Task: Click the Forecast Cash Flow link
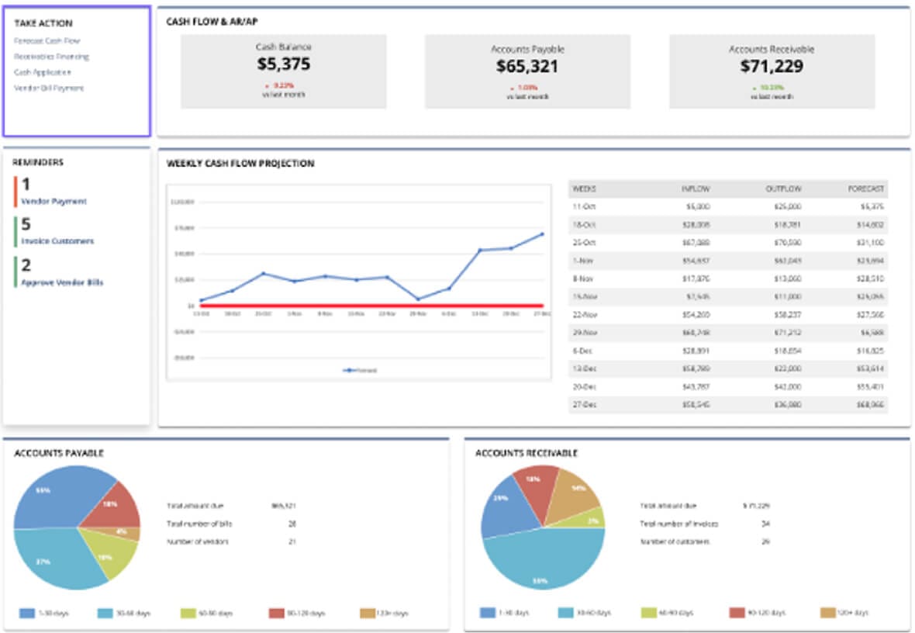[47, 40]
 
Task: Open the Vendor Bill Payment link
[49, 88]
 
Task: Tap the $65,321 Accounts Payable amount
[527, 67]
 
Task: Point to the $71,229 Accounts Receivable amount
[772, 67]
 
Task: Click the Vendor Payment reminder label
[54, 201]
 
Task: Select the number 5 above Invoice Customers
[26, 224]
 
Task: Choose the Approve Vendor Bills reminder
[62, 282]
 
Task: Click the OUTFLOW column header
[783, 189]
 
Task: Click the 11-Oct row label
[583, 206]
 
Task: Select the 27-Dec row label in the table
[583, 405]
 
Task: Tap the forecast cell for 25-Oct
[872, 242]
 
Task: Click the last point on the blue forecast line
[542, 233]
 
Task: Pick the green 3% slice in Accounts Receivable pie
[593, 518]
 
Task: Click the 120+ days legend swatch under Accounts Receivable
[828, 613]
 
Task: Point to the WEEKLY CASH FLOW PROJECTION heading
[240, 164]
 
